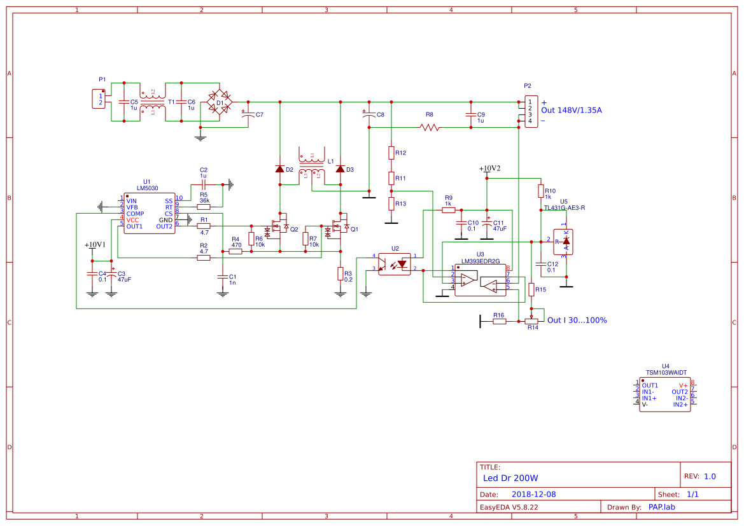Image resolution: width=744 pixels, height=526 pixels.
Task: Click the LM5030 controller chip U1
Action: click(x=149, y=214)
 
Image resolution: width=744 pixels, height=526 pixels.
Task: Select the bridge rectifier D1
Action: click(x=220, y=102)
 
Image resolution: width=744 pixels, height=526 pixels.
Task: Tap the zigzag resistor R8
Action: click(x=430, y=127)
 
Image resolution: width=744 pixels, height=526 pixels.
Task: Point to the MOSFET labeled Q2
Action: click(x=278, y=227)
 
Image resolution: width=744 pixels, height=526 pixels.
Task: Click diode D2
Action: click(x=279, y=169)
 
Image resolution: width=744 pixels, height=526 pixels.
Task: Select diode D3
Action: click(x=340, y=169)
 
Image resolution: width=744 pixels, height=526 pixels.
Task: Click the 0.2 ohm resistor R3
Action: click(x=340, y=273)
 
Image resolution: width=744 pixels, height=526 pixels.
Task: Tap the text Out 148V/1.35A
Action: click(x=571, y=110)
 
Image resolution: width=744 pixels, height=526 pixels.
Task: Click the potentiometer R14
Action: click(x=531, y=321)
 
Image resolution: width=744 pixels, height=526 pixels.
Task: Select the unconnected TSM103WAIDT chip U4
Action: click(x=665, y=395)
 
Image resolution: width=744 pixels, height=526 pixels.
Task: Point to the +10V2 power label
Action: click(x=489, y=169)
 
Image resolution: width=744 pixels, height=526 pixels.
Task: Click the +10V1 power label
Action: click(x=95, y=245)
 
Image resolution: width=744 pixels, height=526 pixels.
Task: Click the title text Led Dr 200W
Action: click(x=510, y=478)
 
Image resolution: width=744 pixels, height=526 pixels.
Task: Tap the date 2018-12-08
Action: click(x=533, y=494)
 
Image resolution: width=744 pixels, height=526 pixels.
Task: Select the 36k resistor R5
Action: click(x=204, y=207)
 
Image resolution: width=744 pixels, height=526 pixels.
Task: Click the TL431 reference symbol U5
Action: click(x=563, y=242)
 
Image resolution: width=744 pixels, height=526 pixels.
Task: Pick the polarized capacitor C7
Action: click(x=248, y=114)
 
